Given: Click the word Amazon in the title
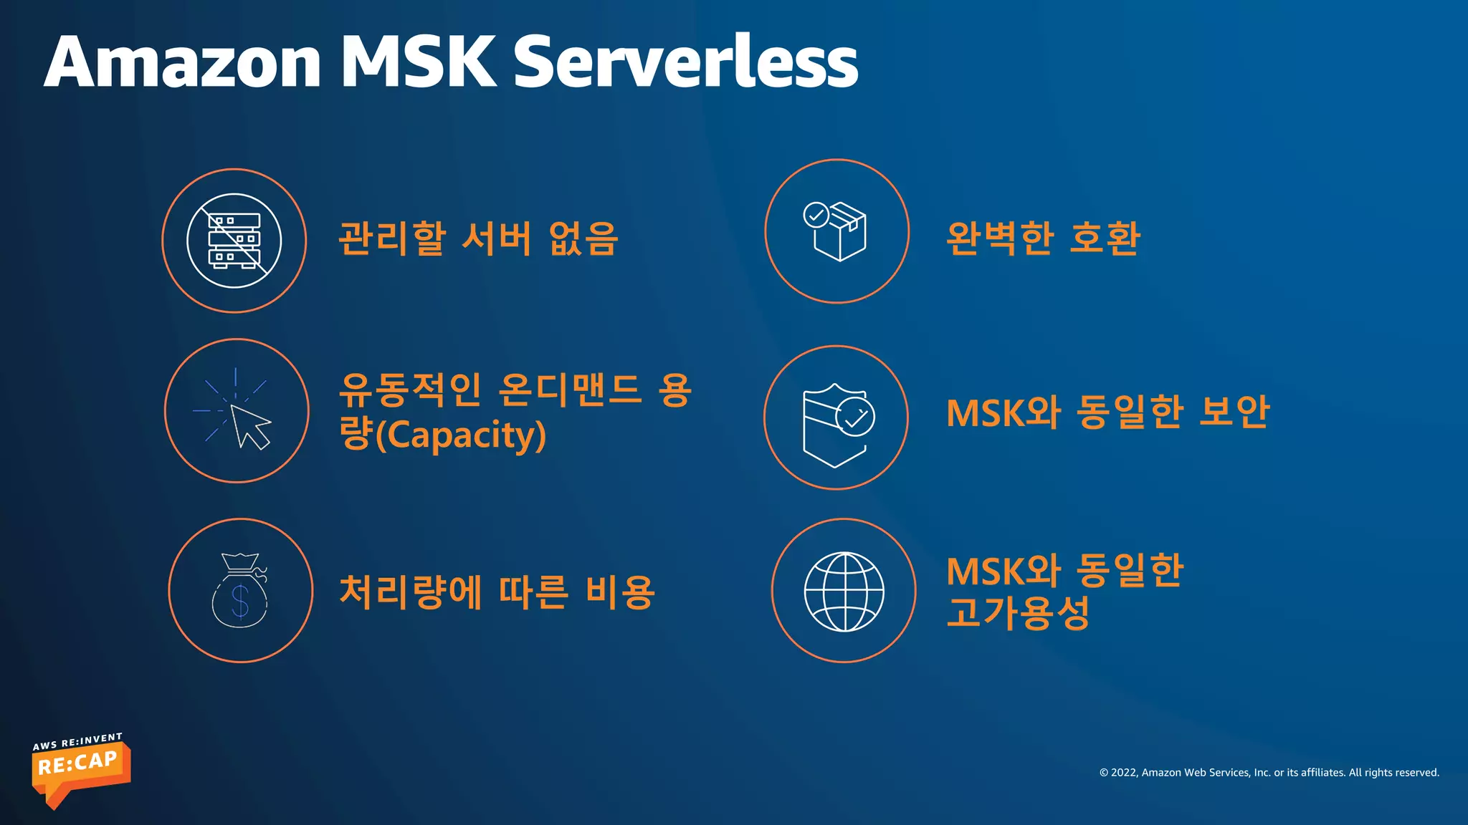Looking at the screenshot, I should (182, 63).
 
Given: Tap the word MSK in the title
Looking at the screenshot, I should (418, 63).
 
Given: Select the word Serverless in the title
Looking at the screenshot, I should (686, 63).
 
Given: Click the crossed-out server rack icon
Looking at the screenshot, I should (234, 241).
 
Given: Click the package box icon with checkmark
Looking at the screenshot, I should (836, 231).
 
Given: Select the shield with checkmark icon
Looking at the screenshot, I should (836, 425).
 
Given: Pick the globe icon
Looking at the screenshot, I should (844, 592).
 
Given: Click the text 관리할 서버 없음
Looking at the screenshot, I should (478, 239).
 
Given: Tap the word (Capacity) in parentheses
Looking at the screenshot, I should (461, 435).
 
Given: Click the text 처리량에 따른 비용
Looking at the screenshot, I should (497, 592).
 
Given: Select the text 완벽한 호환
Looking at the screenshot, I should (1043, 238).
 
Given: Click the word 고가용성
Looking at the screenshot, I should (1018, 612).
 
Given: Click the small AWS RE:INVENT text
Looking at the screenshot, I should (77, 741).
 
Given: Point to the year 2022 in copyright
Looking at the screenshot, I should (1123, 773).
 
